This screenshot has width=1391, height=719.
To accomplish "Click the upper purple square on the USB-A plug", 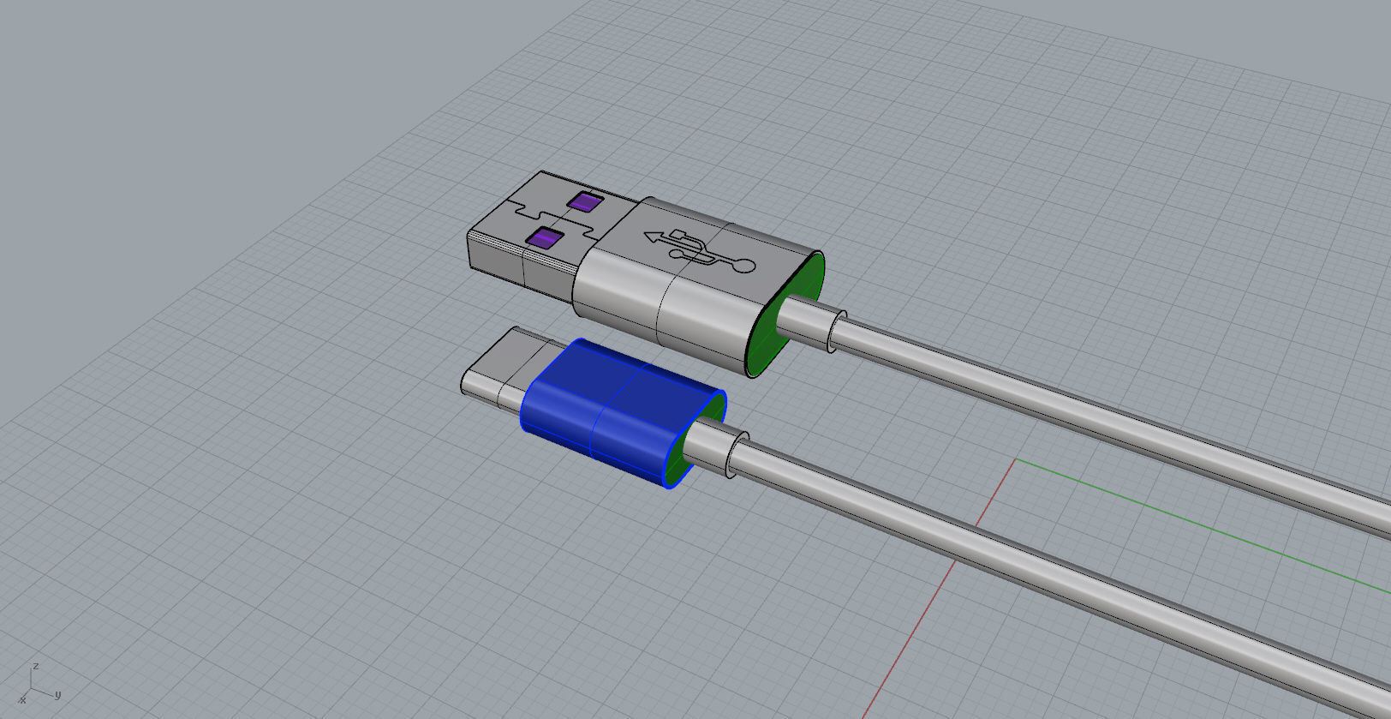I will tap(584, 202).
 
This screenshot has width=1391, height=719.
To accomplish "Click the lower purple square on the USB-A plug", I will tap(545, 238).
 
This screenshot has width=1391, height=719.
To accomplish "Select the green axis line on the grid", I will tap(1199, 526).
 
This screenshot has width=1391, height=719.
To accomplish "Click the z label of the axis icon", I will tap(36, 665).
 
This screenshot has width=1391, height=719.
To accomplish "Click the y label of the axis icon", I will tap(57, 694).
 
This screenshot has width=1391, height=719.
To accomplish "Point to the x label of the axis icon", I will tap(22, 700).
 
